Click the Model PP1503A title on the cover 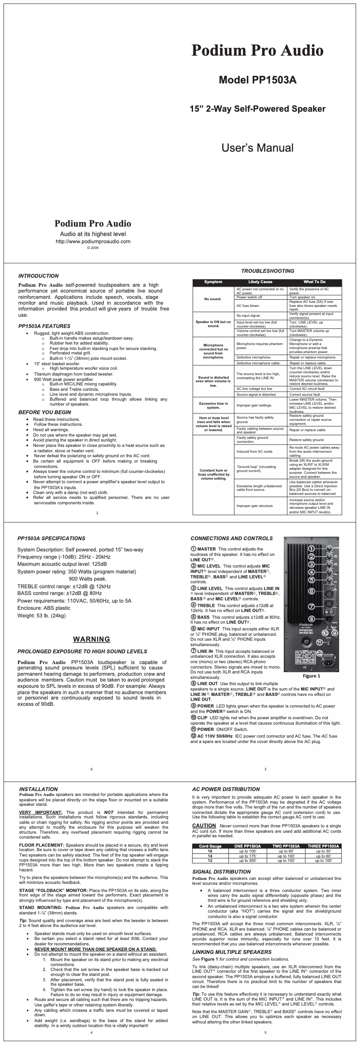coord(258,80)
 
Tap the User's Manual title coord(258,148)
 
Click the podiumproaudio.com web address coord(92,241)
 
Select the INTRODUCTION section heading coord(38,276)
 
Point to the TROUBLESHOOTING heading coord(268,271)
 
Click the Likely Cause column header coord(260,282)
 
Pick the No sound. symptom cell coord(213,299)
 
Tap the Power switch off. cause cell coord(250,297)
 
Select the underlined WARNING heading coord(92,639)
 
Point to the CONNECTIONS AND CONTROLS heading coord(232,538)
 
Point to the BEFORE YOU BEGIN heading coord(44,412)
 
